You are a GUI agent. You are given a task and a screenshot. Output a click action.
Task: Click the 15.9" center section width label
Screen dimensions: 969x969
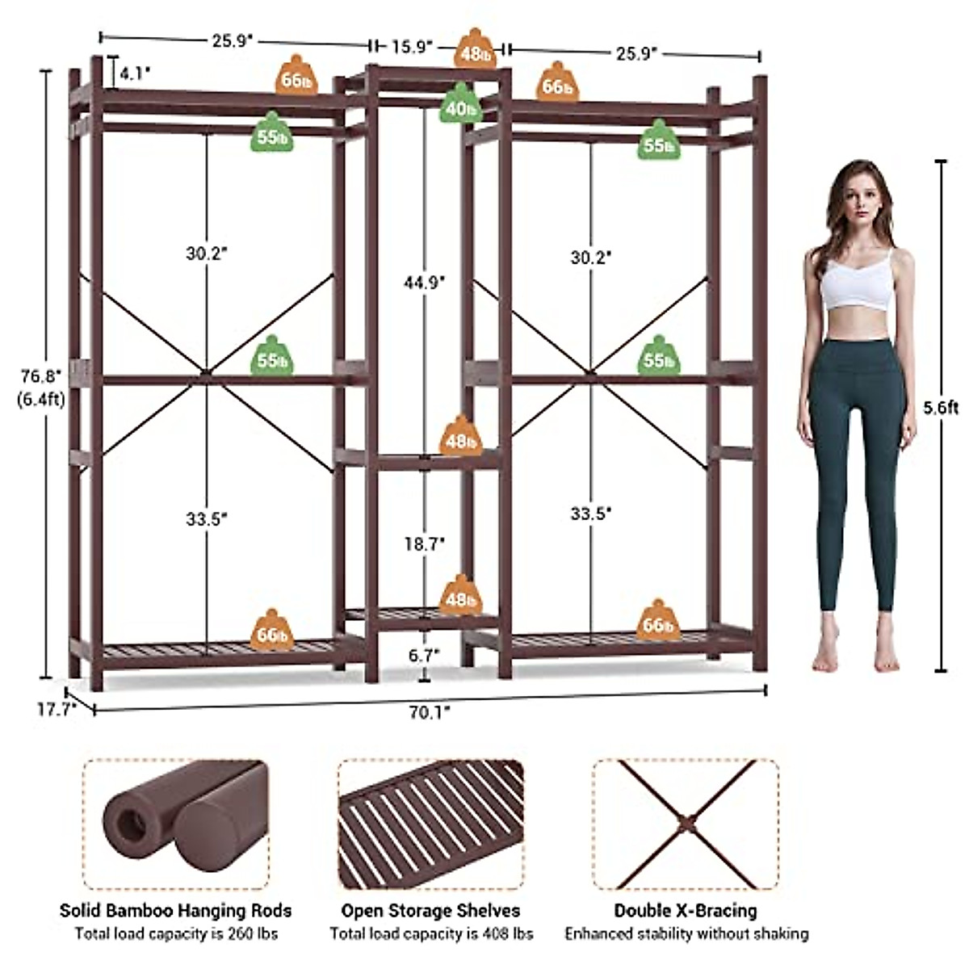coord(413,46)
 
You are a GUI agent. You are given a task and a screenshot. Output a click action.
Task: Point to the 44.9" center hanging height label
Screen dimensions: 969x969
coord(424,282)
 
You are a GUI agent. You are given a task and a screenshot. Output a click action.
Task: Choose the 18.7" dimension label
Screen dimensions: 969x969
coord(425,544)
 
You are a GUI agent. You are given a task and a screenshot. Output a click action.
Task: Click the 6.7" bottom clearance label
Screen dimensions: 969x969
coord(423,656)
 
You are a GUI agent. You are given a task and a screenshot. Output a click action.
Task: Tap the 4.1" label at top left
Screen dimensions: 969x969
coord(134,73)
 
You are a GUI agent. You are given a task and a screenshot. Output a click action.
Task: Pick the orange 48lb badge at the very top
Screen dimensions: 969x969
coord(475,51)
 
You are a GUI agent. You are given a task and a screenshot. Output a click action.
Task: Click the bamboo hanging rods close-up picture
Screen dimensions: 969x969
coord(174,824)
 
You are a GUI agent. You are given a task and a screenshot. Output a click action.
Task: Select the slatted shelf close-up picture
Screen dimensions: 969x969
coord(430,824)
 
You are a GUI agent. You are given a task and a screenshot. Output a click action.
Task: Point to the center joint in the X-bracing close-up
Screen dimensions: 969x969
coord(685,824)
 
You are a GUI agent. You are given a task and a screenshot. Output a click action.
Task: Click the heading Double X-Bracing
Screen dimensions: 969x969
coord(686,911)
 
